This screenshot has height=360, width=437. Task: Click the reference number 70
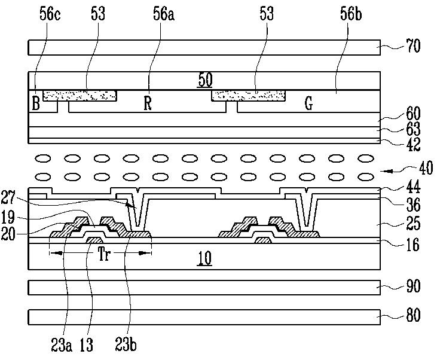tap(413, 46)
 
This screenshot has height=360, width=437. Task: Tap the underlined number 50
tap(206, 80)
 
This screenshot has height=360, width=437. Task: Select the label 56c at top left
tap(50, 14)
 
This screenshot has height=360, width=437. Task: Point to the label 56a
tap(164, 14)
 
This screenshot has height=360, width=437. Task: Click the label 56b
tap(351, 14)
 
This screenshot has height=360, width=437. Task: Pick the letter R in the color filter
tap(148, 103)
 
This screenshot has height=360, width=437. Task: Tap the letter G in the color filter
tap(308, 103)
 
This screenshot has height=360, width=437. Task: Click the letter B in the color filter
tap(36, 103)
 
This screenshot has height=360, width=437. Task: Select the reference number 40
tap(426, 169)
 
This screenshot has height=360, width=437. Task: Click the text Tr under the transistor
tap(105, 254)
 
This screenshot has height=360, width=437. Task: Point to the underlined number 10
tap(205, 258)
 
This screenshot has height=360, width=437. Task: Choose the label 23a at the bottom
tap(62, 344)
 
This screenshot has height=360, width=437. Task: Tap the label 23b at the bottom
tap(126, 344)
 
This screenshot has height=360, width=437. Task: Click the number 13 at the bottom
tap(87, 344)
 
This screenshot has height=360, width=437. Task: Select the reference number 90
tap(413, 286)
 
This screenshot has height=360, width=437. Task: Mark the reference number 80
tap(413, 316)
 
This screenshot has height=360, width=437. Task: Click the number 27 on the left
tap(8, 197)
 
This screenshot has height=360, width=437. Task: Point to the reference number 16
tap(413, 245)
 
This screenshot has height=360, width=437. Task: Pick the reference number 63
tap(413, 129)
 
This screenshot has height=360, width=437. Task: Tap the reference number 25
tap(413, 224)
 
